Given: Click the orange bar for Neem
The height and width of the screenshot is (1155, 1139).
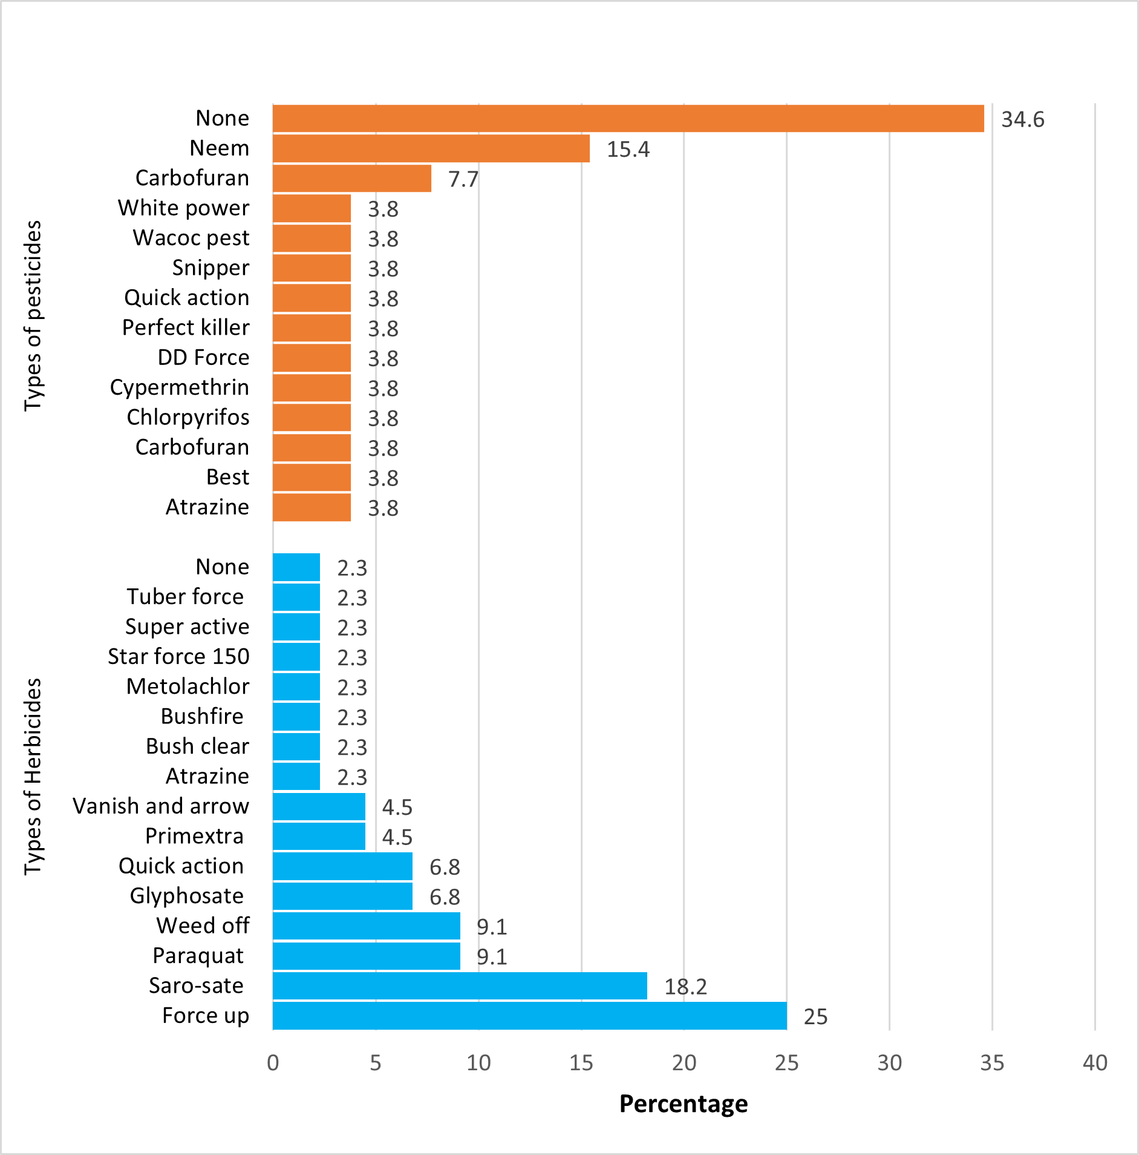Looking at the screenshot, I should (431, 149).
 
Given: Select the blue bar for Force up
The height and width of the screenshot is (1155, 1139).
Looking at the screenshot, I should (529, 1016).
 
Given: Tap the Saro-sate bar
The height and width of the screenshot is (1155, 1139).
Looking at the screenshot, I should (460, 986).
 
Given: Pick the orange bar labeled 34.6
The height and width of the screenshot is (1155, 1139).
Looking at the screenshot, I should (628, 119).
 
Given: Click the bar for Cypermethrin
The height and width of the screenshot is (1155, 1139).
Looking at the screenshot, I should (312, 388).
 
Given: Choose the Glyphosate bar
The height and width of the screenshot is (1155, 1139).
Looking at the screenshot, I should (342, 897).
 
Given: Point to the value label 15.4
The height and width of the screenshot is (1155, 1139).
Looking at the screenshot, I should (628, 150).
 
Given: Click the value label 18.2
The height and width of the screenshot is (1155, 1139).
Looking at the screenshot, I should (685, 987).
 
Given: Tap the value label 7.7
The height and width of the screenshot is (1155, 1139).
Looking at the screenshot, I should (463, 180).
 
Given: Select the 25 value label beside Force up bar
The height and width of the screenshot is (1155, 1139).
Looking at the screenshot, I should (815, 1017).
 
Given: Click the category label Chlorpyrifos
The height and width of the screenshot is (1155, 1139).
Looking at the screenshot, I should (188, 418).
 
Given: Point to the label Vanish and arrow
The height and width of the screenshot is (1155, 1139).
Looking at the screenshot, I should (161, 806).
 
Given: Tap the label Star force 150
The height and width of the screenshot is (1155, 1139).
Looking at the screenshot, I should (178, 657).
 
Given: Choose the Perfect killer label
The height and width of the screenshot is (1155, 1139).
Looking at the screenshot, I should (186, 328).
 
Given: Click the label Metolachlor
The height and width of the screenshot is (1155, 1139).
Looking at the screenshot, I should (188, 686).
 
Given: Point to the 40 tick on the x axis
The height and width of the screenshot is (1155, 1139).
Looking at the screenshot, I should (1095, 1063).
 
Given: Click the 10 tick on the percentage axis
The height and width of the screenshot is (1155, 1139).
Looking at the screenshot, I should (478, 1063).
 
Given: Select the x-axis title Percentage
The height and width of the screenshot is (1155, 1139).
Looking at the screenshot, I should (684, 1104).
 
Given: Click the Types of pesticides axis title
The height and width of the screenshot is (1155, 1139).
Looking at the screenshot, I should (33, 315).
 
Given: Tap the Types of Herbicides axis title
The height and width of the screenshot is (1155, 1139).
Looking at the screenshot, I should (33, 777).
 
